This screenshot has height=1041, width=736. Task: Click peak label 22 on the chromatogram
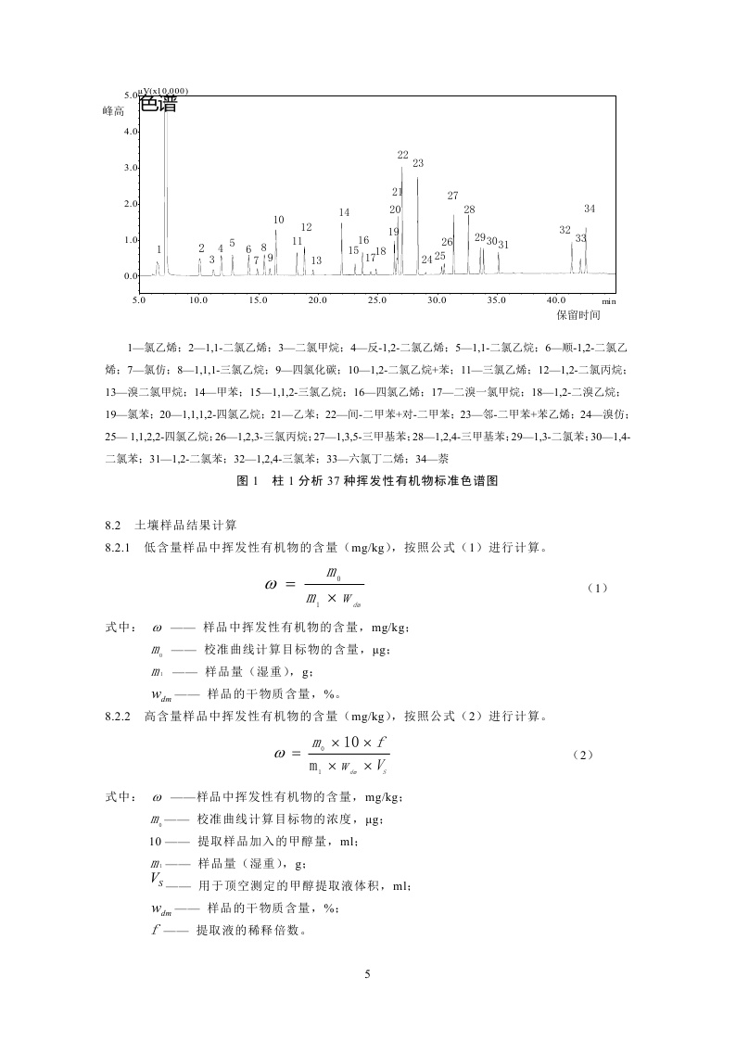pyautogui.click(x=402, y=156)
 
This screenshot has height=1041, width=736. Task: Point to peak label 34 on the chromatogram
pyautogui.click(x=590, y=209)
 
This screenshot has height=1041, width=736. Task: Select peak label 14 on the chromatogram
pyautogui.click(x=344, y=212)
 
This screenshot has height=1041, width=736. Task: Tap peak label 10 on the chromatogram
pyautogui.click(x=278, y=220)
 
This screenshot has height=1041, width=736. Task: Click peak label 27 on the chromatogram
pyautogui.click(x=452, y=196)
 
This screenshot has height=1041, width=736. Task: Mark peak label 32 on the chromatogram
pyautogui.click(x=565, y=230)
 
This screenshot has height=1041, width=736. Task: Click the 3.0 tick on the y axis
pyautogui.click(x=130, y=168)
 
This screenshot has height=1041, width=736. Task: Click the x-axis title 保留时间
pyautogui.click(x=578, y=315)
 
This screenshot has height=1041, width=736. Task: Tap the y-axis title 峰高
pyautogui.click(x=113, y=110)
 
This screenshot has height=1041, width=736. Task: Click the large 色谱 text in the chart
pyautogui.click(x=159, y=105)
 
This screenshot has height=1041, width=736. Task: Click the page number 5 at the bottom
pyautogui.click(x=368, y=974)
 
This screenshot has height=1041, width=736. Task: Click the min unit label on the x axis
pyautogui.click(x=608, y=301)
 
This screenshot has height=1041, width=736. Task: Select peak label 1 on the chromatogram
pyautogui.click(x=159, y=249)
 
